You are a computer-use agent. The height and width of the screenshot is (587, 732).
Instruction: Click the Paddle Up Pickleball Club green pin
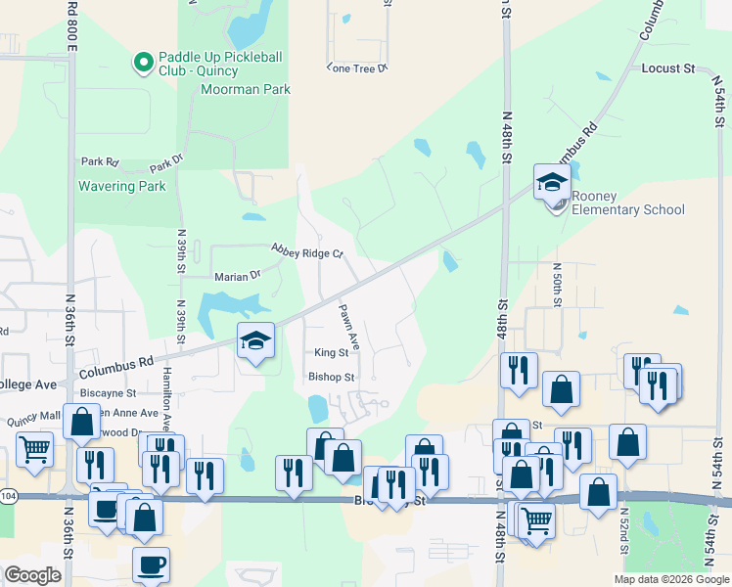pos(144,64)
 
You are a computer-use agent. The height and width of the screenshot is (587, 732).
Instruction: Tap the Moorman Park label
pos(246,90)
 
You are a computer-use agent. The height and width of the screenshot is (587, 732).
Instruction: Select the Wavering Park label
pos(122,186)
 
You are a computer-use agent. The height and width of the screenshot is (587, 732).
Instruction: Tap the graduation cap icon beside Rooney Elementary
pos(551,181)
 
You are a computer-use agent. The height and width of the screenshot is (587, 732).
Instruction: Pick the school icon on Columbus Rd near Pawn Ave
pos(255,340)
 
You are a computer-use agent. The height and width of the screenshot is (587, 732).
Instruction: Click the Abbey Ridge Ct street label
pos(307,251)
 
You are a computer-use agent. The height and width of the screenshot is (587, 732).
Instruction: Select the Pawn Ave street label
pos(349,329)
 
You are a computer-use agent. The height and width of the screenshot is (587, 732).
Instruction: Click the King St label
pos(331,353)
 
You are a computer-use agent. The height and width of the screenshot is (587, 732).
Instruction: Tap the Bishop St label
pos(331,377)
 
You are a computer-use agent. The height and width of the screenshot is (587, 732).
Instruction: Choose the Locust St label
pos(667,68)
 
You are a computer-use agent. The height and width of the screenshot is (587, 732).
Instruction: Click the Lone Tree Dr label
pos(357,68)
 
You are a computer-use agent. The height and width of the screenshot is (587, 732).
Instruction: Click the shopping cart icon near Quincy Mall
pos(34,451)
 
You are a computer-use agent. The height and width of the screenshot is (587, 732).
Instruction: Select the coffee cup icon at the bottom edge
pos(151,564)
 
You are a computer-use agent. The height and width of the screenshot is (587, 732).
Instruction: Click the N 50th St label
pos(556,285)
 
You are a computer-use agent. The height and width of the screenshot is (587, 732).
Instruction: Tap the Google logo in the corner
pos(32,575)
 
